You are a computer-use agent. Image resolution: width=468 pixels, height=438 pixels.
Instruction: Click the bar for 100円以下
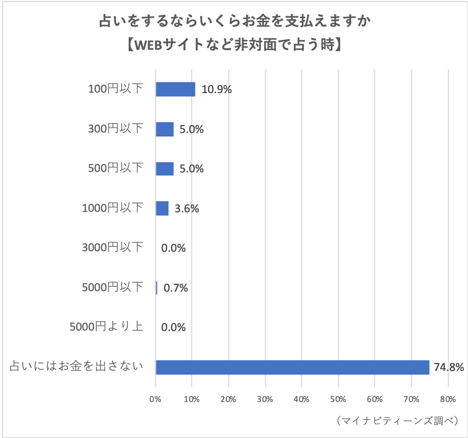[175, 89]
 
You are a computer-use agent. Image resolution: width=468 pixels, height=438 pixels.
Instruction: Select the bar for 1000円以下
[162, 208]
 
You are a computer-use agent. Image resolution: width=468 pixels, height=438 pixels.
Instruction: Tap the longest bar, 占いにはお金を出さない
[292, 367]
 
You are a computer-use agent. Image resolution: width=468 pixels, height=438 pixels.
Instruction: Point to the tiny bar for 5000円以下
[156, 288]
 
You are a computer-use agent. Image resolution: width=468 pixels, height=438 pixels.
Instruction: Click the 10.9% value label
[216, 90]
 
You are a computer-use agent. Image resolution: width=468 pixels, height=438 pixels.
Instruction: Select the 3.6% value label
[187, 208]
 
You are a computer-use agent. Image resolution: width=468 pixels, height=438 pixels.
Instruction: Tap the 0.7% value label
[176, 288]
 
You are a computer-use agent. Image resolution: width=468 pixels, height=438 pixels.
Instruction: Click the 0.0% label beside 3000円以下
[174, 248]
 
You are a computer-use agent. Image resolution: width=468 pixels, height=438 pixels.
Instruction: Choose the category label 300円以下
[115, 129]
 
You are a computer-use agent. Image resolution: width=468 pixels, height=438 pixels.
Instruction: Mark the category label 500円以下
[115, 168]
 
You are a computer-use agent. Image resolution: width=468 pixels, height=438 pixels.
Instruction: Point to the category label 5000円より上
[107, 326]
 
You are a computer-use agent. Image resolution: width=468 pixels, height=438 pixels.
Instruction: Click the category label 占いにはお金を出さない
[76, 366]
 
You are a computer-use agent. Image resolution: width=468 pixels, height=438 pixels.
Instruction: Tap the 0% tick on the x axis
[155, 399]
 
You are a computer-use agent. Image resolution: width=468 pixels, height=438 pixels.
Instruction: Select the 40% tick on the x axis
[301, 399]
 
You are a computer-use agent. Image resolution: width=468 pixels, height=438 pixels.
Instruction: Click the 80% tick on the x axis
[447, 399]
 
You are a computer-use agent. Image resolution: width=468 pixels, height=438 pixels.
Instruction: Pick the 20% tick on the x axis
[228, 399]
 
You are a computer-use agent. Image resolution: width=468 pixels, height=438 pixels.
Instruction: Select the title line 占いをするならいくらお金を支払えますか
[234, 21]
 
